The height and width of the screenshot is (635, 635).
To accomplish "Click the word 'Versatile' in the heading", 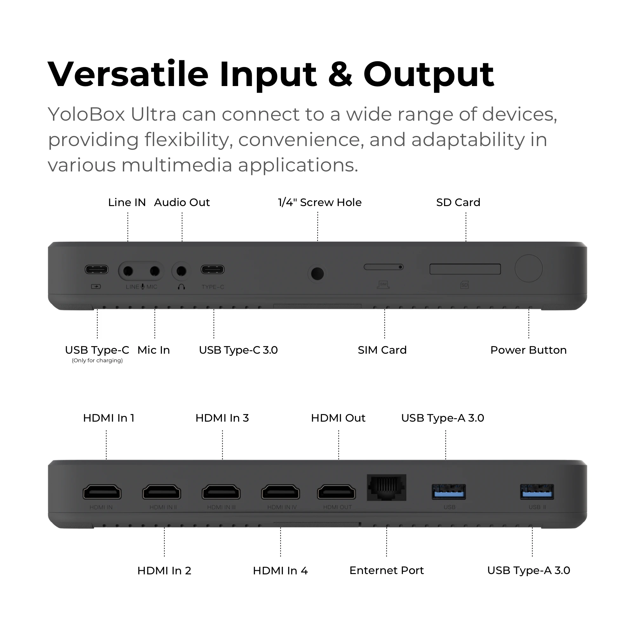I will pos(129,75).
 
